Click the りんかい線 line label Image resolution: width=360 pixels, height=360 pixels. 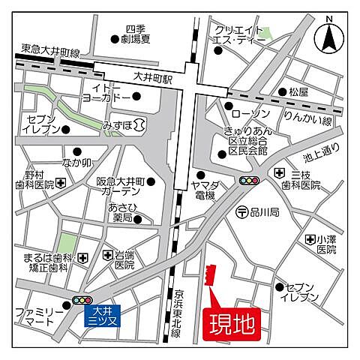307,121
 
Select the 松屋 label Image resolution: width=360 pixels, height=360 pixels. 298,91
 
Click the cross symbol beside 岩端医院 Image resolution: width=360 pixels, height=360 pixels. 106,256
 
